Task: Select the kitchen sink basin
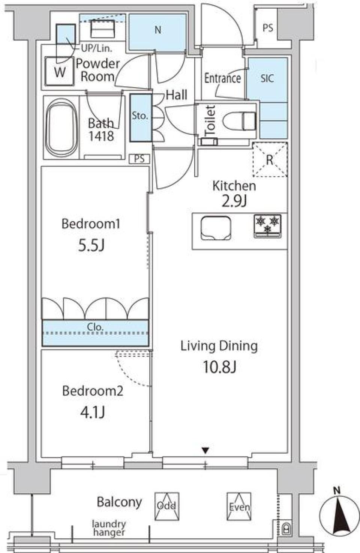tap(216, 228)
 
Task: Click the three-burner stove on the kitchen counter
tap(267, 226)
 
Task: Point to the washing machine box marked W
tap(59, 71)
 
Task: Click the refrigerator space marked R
tap(270, 160)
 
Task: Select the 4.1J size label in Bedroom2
tap(93, 412)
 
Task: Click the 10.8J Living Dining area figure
tap(219, 367)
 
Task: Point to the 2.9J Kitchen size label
tap(234, 201)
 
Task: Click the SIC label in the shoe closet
tap(267, 78)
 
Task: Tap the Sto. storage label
tap(140, 116)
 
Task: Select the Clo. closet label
tap(95, 327)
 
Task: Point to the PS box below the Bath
tap(139, 159)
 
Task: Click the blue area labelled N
tap(157, 33)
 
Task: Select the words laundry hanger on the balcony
tap(109, 528)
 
